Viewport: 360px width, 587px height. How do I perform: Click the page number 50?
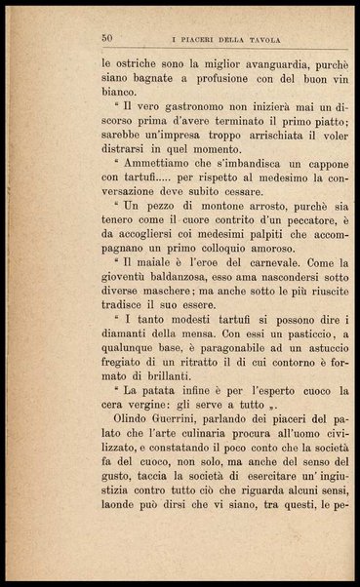click(107, 38)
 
